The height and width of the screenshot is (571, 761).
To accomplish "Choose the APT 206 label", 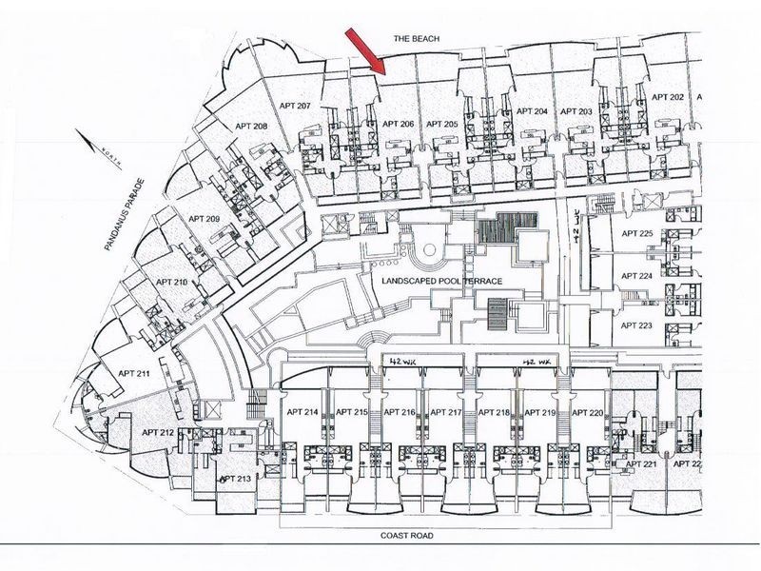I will coord(398,124).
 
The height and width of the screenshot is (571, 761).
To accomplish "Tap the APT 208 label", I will coord(247,126).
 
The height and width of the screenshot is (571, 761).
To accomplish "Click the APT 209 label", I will coord(204,220).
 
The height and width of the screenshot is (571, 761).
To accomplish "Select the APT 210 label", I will coord(171,283).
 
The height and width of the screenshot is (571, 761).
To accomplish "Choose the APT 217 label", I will coord(445,412).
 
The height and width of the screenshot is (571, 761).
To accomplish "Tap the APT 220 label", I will coord(590,412).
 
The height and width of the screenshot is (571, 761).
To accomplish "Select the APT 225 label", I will coord(636,233).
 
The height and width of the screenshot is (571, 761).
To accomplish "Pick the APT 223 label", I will coord(636,325).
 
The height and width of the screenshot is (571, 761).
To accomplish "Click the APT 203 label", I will coord(576,111).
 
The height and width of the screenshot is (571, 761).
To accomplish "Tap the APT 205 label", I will coord(442,124).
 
